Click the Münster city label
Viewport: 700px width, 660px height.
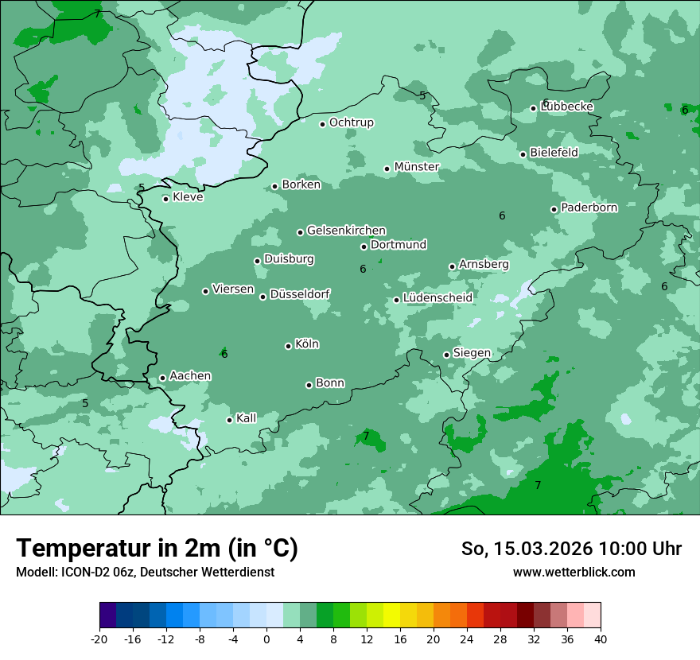(x=417, y=167)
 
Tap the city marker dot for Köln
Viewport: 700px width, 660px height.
(x=288, y=346)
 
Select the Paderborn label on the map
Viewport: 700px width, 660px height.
(x=589, y=208)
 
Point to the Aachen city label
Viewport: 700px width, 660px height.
(x=190, y=376)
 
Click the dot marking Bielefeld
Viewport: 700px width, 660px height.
(x=523, y=154)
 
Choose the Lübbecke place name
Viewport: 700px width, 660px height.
(x=566, y=107)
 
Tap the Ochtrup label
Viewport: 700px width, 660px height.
(x=351, y=122)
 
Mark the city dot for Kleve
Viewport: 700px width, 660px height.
(x=165, y=199)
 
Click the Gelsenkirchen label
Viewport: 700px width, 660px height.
(x=346, y=231)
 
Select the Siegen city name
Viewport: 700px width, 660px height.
(x=472, y=353)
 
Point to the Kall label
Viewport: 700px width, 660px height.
(x=246, y=418)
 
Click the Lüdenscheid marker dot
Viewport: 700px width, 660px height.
(x=396, y=300)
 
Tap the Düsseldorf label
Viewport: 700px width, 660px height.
(x=299, y=294)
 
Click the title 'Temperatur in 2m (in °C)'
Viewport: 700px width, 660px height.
(x=157, y=548)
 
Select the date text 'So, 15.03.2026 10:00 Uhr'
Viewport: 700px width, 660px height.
(x=571, y=549)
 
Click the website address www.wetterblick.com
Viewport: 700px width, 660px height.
(x=574, y=572)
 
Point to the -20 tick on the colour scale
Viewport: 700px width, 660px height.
(x=99, y=639)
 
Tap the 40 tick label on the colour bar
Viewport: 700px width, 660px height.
(x=600, y=639)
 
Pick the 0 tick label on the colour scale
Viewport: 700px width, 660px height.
(x=266, y=639)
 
